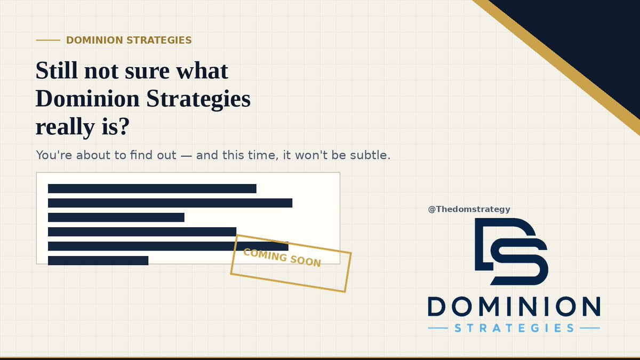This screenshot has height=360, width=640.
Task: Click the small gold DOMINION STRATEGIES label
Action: click(x=129, y=41)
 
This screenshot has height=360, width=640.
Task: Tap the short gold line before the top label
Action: click(x=48, y=41)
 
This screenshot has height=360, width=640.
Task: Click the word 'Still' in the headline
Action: click(x=57, y=70)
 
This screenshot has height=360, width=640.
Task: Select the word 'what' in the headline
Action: click(x=202, y=70)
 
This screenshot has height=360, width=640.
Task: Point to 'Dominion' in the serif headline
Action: click(x=87, y=98)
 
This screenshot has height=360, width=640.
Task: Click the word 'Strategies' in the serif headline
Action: click(x=198, y=99)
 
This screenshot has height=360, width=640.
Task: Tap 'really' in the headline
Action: click(x=65, y=127)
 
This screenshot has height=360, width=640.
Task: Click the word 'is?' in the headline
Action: click(x=116, y=126)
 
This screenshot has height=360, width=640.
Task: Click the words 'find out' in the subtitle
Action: click(x=153, y=155)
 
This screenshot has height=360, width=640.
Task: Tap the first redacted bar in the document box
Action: click(x=152, y=189)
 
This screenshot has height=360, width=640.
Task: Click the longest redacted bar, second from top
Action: click(x=170, y=203)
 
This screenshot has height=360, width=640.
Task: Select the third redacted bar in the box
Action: click(x=116, y=217)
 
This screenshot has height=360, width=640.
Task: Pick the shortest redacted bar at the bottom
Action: click(x=98, y=261)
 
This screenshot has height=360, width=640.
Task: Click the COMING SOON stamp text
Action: click(x=282, y=258)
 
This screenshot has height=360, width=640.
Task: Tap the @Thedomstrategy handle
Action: click(x=469, y=210)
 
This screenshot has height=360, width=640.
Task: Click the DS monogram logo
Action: click(x=511, y=251)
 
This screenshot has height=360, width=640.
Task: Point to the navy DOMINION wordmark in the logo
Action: click(x=514, y=306)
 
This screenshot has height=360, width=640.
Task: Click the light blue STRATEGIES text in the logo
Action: click(x=514, y=328)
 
